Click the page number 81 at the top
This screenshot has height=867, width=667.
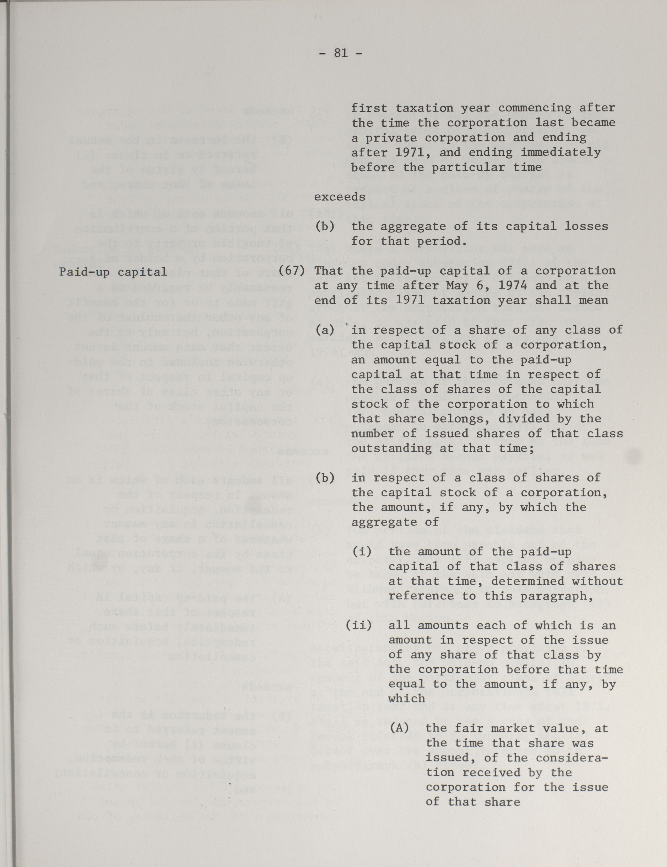coord(341,53)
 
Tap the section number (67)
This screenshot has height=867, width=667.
coord(292,271)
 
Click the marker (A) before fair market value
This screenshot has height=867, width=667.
coord(399,728)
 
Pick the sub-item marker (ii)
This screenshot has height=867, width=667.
coord(359,626)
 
